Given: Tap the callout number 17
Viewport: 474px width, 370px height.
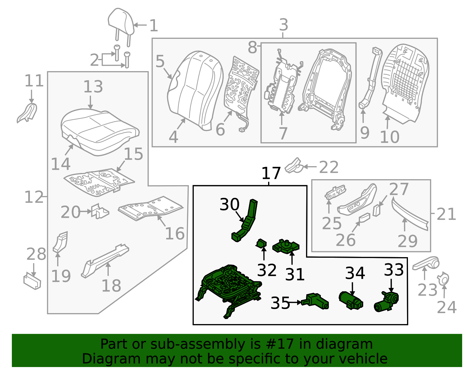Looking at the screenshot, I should coord(271,174).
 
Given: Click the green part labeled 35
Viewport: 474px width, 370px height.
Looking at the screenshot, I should coord(316,302).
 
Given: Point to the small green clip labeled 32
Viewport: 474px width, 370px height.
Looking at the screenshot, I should coord(261,244).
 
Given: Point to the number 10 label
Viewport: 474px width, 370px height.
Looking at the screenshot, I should coord(389,137).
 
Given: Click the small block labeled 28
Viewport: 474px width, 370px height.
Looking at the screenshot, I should coord(32,281).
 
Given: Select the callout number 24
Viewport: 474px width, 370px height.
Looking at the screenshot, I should coord(447,307).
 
